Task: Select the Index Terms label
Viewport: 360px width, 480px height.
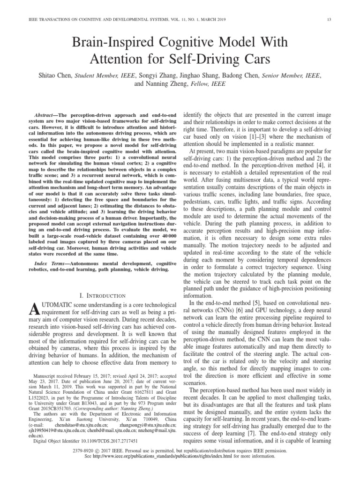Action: pyautogui.click(x=50, y=264)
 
